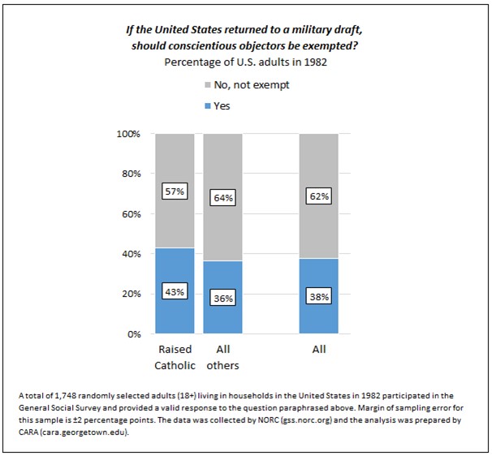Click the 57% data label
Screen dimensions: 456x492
175,191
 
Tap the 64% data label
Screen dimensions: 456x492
223,198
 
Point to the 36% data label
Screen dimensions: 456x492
223,299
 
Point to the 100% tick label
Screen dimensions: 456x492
130,134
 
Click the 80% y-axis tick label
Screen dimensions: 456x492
132,174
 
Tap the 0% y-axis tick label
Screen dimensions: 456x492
135,333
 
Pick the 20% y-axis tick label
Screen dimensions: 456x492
132,294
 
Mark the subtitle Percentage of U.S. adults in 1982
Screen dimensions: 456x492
245,61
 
